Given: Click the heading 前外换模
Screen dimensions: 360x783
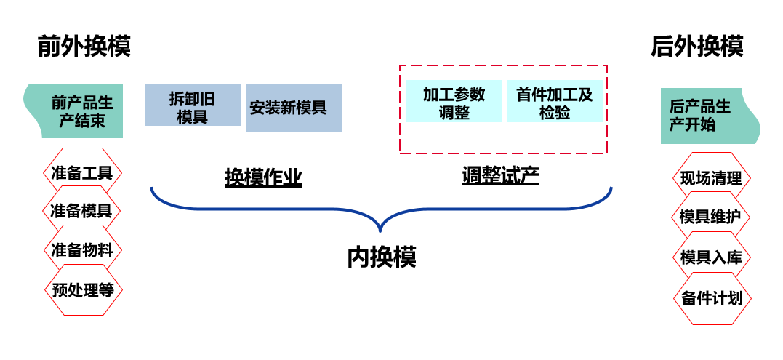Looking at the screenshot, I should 84,47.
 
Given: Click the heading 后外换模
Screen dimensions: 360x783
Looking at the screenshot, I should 696,47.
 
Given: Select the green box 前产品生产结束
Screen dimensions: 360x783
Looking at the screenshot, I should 76,111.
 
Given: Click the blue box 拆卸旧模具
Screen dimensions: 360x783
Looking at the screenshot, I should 192,105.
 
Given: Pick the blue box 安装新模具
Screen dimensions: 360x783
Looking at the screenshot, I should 293,108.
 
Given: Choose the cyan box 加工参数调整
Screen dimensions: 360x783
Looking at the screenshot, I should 454,101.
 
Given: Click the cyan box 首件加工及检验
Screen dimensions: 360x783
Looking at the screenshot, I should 554,101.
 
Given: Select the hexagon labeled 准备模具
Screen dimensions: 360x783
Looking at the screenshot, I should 81,211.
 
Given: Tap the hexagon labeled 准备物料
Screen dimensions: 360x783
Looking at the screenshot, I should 82,250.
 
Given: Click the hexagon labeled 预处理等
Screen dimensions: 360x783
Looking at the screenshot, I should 83,289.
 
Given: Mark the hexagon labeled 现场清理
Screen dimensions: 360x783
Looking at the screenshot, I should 710,177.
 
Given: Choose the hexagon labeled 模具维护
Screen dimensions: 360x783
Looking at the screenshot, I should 710,216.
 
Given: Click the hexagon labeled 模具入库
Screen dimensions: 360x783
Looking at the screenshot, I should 710,257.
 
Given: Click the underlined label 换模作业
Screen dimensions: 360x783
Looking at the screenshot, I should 262,177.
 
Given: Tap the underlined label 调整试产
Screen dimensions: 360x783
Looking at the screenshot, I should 500,175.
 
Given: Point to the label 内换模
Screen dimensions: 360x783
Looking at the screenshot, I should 381,257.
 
